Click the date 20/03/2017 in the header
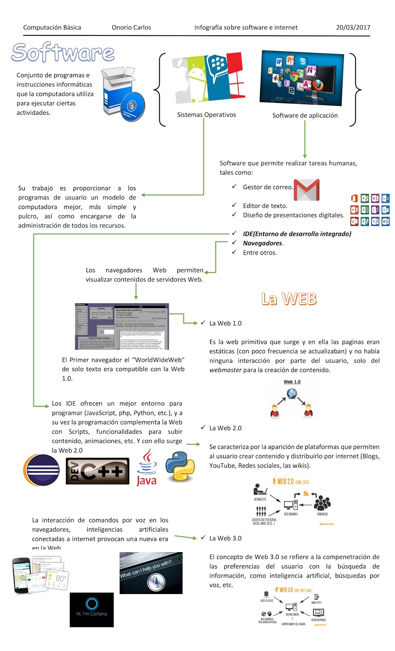(x=353, y=28)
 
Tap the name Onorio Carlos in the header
(x=131, y=28)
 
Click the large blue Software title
(x=63, y=52)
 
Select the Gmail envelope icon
(x=306, y=190)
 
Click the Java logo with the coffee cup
(x=146, y=467)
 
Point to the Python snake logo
(x=180, y=466)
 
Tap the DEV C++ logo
(x=98, y=471)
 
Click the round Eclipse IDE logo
(x=41, y=470)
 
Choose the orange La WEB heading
(x=289, y=299)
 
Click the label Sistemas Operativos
(x=206, y=115)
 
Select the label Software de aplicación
(x=305, y=116)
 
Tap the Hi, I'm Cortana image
(x=92, y=609)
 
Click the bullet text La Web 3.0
(x=225, y=538)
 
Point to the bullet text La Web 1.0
(x=225, y=323)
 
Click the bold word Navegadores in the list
(x=262, y=243)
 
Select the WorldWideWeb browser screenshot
(x=122, y=326)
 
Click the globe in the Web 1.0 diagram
(x=292, y=393)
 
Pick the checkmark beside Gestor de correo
(x=234, y=186)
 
